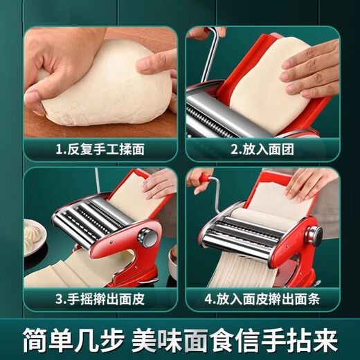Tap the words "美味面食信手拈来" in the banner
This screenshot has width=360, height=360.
click(x=248, y=338)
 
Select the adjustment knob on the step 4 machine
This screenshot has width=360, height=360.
click(x=314, y=235)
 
